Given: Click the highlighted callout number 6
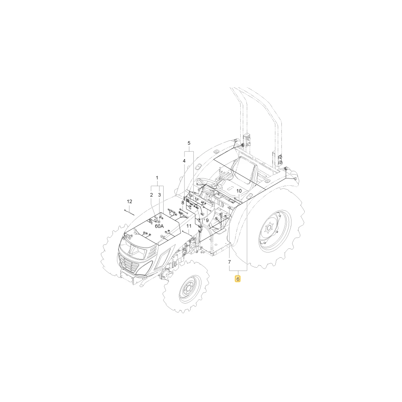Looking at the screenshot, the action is point(238,279).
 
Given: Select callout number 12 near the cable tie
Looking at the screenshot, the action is point(129,201).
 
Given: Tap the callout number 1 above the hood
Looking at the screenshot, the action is point(157,178).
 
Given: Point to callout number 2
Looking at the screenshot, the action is point(152,195).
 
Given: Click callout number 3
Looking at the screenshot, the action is point(160,195).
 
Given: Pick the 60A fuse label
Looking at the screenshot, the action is point(159,226).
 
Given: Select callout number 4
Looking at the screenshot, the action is point(184,161).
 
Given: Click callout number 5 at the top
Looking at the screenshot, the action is point(189,143).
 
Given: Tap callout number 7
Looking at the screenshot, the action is point(230,262).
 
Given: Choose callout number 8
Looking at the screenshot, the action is point(183,203).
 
